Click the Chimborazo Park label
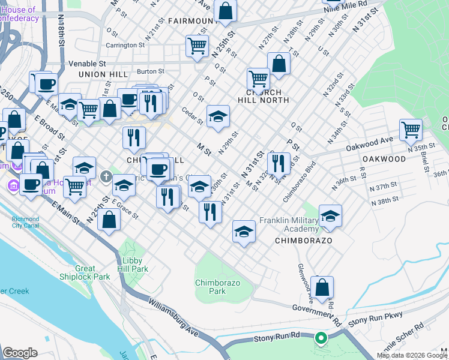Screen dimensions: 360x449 tap(210, 287)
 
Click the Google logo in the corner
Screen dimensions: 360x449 tap(20, 353)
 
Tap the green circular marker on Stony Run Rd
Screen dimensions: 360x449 tap(321, 338)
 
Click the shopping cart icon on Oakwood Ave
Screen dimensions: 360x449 tap(411, 128)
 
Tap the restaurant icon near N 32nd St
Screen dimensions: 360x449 tap(279, 162)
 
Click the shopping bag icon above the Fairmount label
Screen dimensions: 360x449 tap(226, 10)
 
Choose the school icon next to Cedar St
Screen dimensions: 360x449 tap(218, 116)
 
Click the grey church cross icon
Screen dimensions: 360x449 tap(106, 176)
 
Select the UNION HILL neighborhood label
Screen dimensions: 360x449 tap(103, 74)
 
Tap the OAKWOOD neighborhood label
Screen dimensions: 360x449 tap(384, 159)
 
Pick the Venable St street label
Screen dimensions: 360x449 tap(87, 63)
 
